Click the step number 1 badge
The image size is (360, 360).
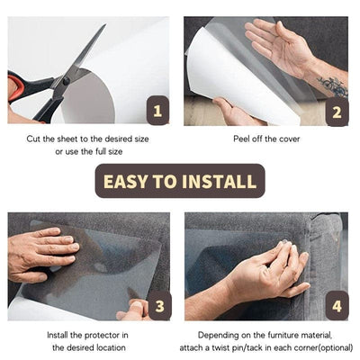(157, 112)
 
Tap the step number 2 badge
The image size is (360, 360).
(337, 112)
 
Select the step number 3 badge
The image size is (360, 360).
(157, 306)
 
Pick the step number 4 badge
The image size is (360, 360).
(337, 306)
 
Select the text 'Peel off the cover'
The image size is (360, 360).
(267, 139)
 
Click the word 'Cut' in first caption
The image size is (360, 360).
(36, 139)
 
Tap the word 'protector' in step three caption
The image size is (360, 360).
(90, 335)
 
